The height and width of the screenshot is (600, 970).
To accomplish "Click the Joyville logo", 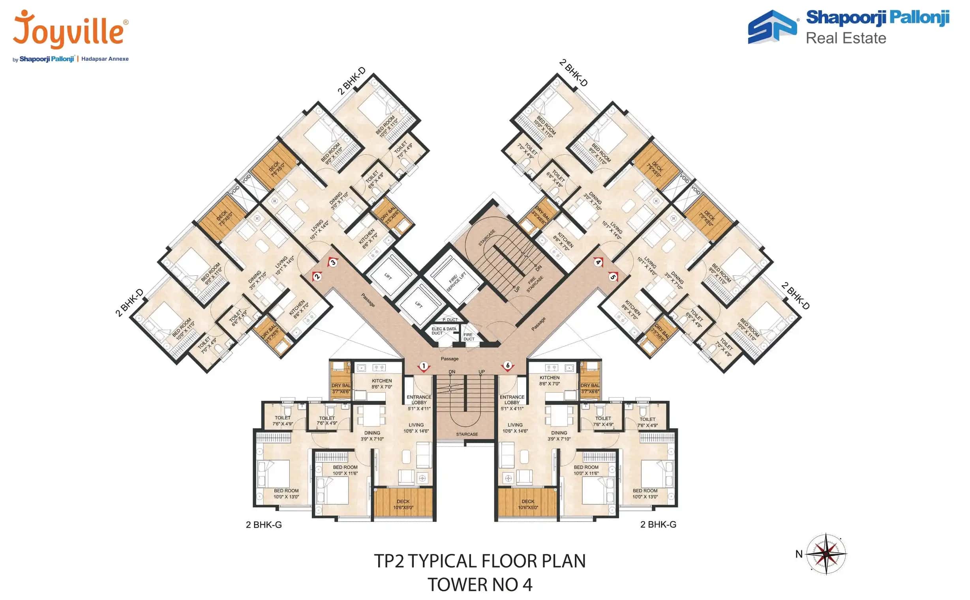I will tap(69, 30).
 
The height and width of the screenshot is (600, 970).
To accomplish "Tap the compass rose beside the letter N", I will tap(826, 553).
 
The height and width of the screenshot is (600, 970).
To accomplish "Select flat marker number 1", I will tap(424, 366).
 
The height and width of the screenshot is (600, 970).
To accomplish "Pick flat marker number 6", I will tap(507, 365).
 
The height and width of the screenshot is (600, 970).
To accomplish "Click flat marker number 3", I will tap(333, 262).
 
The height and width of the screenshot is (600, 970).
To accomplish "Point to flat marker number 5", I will tap(613, 277).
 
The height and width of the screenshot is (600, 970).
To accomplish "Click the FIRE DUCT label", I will tap(469, 337).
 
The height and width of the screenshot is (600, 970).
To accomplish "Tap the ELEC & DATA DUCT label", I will tap(443, 331).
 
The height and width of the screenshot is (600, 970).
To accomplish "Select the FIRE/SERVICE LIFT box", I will tap(456, 280).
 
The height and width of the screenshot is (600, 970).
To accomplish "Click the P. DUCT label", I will tap(450, 320).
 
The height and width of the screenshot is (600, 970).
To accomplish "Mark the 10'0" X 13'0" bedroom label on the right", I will tap(645, 493).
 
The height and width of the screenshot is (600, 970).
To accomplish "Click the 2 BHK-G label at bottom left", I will tap(264, 525).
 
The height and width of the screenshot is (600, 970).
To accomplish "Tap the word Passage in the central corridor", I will tap(449, 359).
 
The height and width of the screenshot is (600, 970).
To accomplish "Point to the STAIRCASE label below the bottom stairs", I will tap(467, 434).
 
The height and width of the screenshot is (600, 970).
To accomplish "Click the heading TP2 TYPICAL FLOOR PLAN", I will tap(480, 561).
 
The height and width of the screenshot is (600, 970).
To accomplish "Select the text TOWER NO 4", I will tap(480, 585).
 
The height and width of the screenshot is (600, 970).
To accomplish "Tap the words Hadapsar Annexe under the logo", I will tap(105, 59).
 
